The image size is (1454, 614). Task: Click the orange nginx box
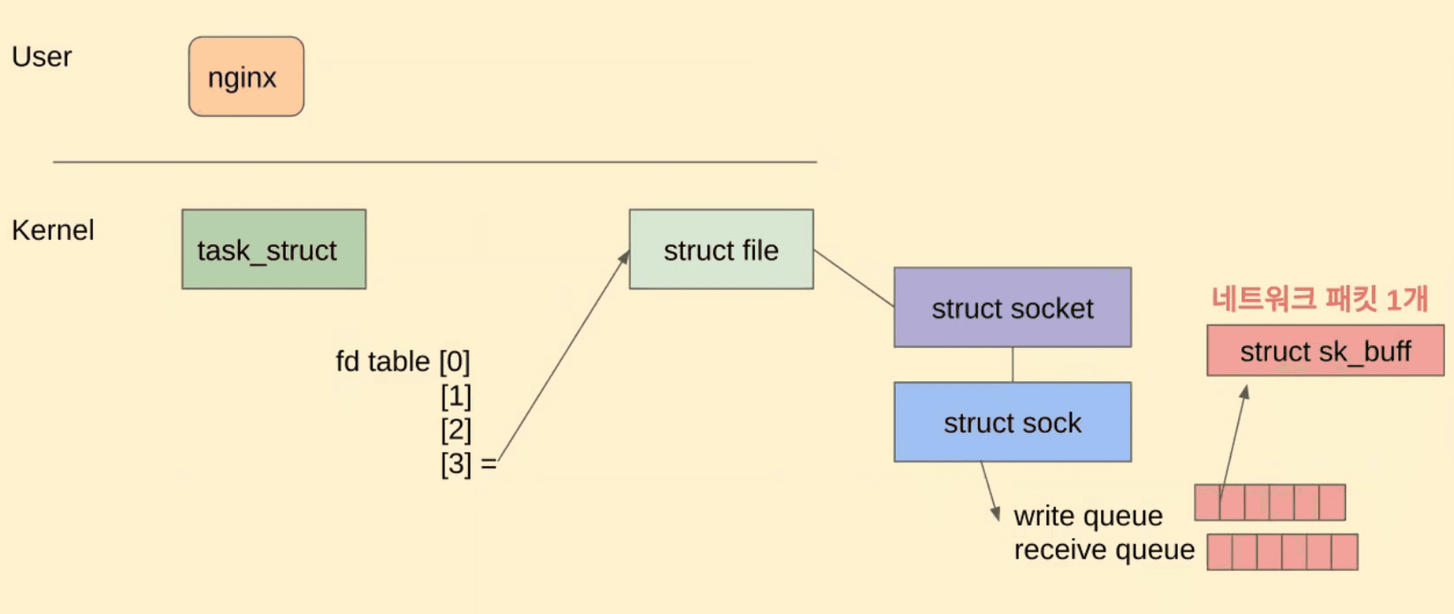pos(246,77)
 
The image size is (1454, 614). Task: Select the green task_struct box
pos(274,249)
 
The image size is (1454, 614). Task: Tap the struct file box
pos(721,249)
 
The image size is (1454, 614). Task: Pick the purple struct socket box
pos(1012,307)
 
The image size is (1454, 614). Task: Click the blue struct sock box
pos(1012,422)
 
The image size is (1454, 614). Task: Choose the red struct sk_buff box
pos(1325,350)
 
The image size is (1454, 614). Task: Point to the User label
pos(42,57)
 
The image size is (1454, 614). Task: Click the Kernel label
pos(53,230)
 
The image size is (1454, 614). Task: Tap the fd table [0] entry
pos(403,361)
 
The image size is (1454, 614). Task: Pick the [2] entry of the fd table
pos(455,430)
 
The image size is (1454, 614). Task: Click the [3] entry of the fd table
pos(455,464)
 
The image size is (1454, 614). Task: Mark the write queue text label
pos(1088,516)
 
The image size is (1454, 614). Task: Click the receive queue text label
pos(1104,550)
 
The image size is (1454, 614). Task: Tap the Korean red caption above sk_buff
pos(1319,299)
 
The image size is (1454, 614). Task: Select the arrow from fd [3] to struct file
pos(565,356)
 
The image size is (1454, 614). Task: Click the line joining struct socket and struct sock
pos(1012,365)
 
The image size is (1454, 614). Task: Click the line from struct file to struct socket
pos(854,278)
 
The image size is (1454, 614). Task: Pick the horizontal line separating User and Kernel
pos(435,162)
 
